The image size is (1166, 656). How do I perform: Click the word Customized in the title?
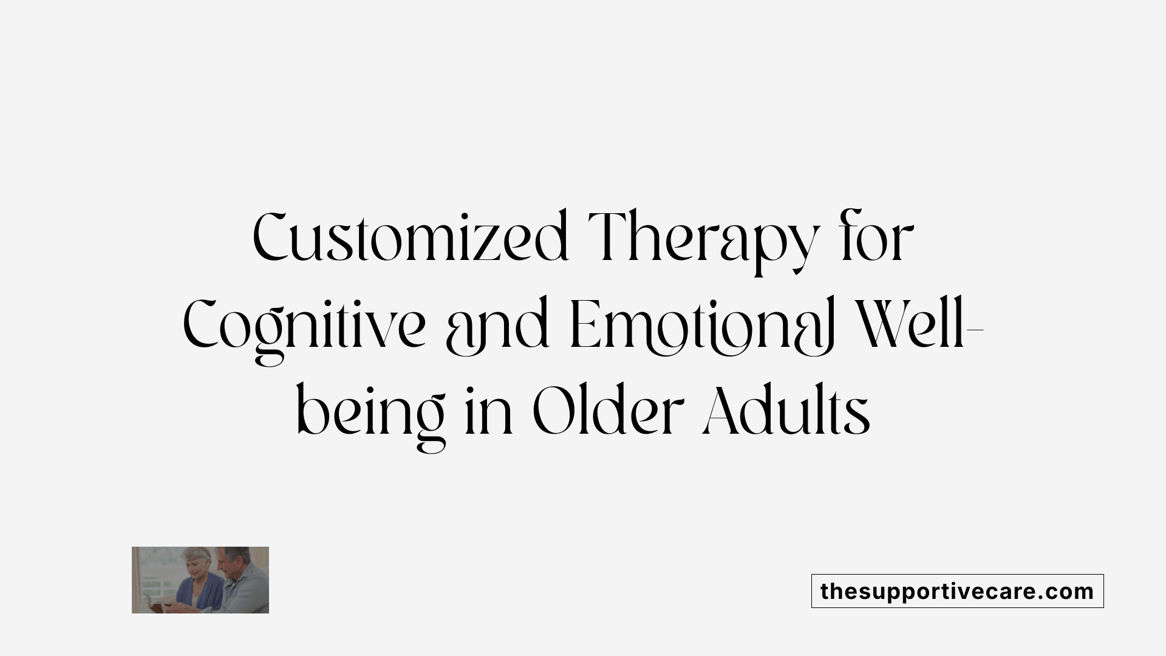click(411, 237)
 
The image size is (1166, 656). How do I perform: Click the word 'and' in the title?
click(498, 328)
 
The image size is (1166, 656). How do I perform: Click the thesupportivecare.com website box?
click(957, 591)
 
